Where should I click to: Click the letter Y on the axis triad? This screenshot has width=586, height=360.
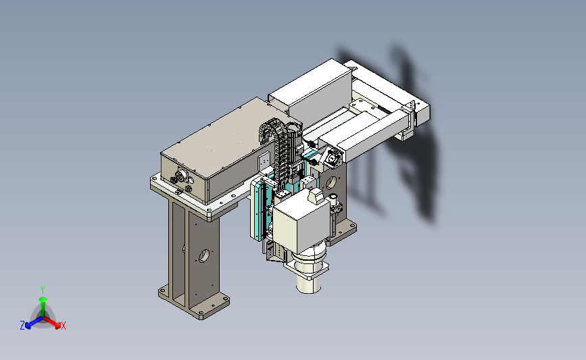[43, 290]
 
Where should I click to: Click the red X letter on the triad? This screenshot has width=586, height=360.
[63, 326]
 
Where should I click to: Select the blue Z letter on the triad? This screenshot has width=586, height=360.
[22, 326]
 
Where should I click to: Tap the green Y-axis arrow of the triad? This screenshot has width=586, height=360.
[43, 307]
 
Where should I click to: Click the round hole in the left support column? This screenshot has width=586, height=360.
[203, 256]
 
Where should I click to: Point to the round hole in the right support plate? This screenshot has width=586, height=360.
[331, 182]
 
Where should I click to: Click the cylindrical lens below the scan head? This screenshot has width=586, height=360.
[309, 283]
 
